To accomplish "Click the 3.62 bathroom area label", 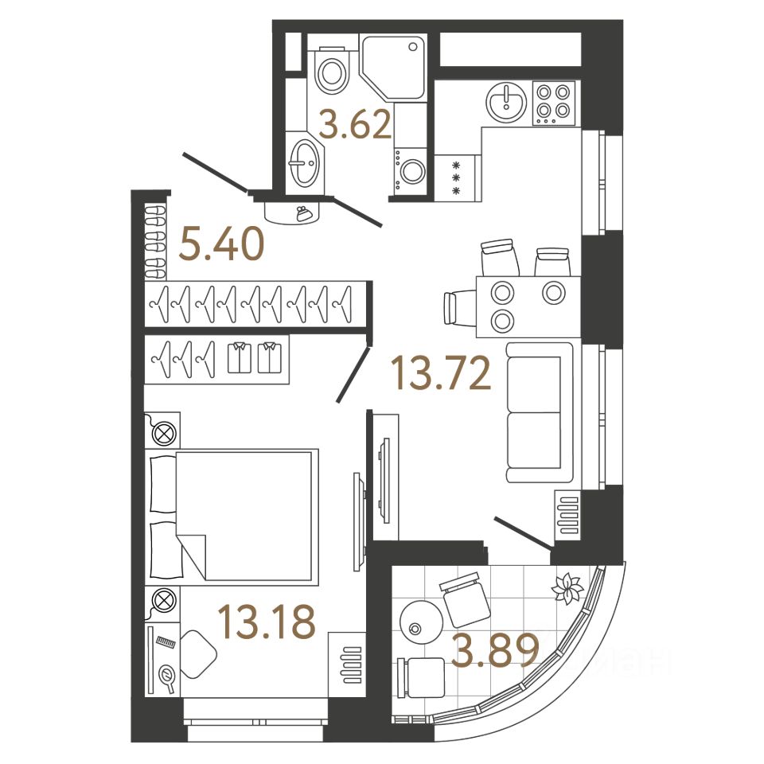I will (355, 125).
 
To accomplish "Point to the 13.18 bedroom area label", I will (267, 622).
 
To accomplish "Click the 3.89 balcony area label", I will (495, 653).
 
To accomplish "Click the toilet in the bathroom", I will (332, 70).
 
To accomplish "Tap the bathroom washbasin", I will (303, 163).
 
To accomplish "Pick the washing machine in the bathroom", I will (411, 170).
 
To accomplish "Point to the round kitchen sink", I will (505, 102).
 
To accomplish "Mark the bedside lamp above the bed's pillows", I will (163, 433).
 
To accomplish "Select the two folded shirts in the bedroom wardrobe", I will (255, 357).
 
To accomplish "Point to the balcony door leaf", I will (522, 532).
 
